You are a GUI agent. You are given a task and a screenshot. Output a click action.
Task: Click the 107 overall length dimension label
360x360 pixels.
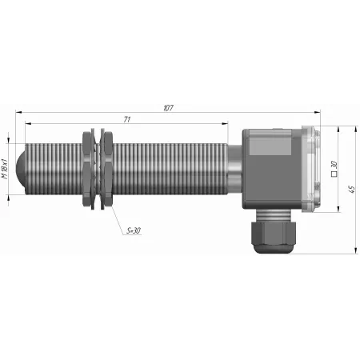click(168, 108)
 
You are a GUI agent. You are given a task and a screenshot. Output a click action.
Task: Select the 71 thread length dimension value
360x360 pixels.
click(127, 119)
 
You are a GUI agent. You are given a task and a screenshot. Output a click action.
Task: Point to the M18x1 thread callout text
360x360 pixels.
click(5, 169)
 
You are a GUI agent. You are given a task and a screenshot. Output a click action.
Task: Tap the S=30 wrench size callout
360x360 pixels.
click(134, 230)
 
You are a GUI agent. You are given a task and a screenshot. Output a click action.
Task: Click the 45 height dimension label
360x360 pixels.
click(351, 190)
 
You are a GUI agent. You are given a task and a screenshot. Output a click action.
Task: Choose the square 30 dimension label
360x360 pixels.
click(334, 169)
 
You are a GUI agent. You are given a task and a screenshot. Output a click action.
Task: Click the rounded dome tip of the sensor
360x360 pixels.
click(21, 169)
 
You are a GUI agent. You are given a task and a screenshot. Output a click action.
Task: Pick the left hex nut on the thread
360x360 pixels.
click(89, 169)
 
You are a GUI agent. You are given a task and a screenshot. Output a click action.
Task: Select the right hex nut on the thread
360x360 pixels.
click(106, 169)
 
